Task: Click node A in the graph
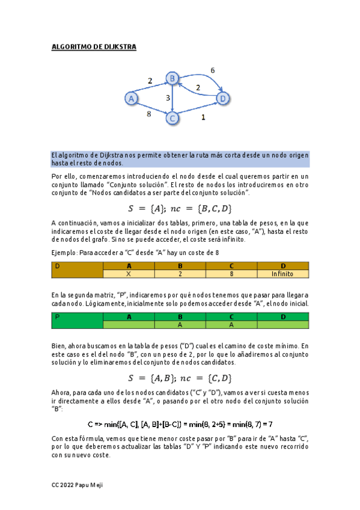point(130,97)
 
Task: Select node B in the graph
point(172,78)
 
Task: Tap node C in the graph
point(172,118)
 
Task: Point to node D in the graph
point(222,97)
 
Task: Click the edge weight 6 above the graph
point(212,70)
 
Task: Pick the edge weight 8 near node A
point(148,114)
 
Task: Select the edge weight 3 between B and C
point(168,97)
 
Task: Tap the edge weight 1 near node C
point(203,118)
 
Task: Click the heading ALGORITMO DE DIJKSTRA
point(94,47)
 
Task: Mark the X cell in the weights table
point(128,274)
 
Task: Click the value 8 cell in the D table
point(231,274)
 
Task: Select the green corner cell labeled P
point(77,320)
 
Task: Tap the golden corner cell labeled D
point(77,269)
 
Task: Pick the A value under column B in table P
point(180,324)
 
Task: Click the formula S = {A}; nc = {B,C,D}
point(180,209)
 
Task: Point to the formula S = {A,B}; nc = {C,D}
point(180,378)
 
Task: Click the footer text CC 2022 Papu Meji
point(78,485)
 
